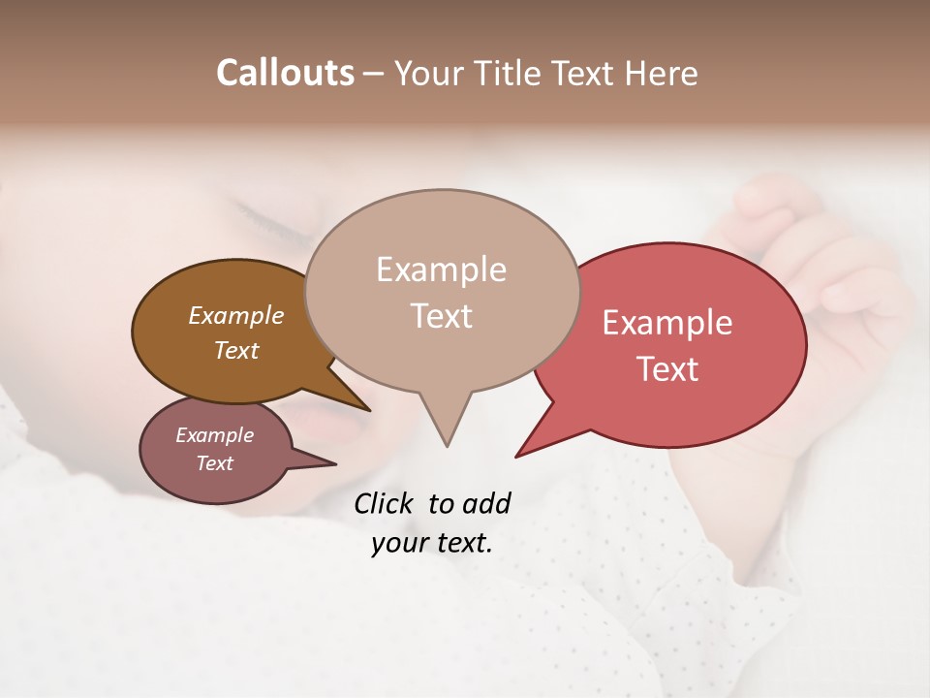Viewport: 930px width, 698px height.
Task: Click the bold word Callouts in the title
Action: coord(285,74)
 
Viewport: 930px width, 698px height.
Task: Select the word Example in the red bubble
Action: coord(667,323)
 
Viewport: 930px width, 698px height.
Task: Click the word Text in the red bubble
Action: coord(667,369)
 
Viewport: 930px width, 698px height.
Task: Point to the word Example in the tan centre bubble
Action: coord(441,270)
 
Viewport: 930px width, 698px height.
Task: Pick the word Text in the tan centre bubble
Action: coord(441,316)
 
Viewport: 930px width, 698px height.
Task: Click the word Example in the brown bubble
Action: coord(235,315)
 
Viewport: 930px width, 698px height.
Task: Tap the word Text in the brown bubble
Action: coord(235,350)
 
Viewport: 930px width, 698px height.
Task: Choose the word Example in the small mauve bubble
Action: coord(214,435)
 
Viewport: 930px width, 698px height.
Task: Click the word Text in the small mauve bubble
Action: coord(214,463)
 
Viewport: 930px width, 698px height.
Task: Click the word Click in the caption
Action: coord(385,503)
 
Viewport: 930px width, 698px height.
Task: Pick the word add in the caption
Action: coord(486,503)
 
